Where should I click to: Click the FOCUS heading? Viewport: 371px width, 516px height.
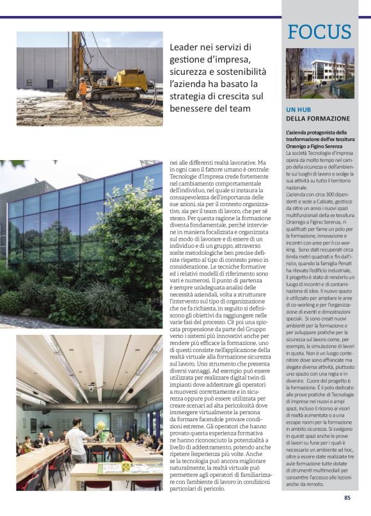(x=319, y=32)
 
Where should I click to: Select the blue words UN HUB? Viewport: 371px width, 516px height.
(x=299, y=110)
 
